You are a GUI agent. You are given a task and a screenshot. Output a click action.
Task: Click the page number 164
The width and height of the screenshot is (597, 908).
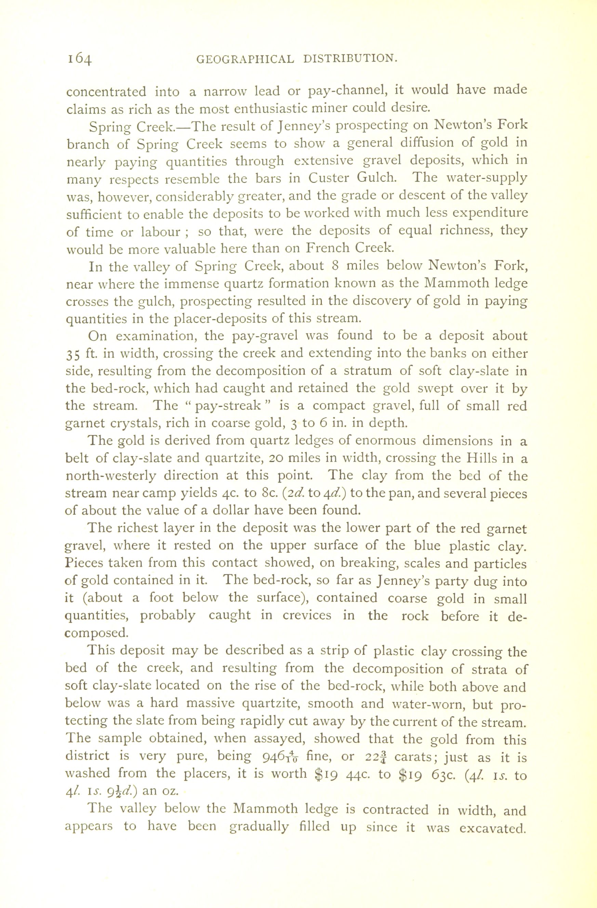[x=80, y=59]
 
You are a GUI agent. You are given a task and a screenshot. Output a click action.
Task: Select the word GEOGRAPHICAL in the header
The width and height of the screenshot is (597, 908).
[x=245, y=59]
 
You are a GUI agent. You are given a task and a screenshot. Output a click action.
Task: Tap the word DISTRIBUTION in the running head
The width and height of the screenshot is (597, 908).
[x=351, y=59]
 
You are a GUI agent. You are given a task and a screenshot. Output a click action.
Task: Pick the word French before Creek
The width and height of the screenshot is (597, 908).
[x=328, y=248]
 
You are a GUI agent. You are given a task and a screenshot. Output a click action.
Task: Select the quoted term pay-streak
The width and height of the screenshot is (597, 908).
[x=228, y=406]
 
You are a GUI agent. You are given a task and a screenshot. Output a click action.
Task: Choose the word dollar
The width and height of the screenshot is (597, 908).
[x=230, y=510]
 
